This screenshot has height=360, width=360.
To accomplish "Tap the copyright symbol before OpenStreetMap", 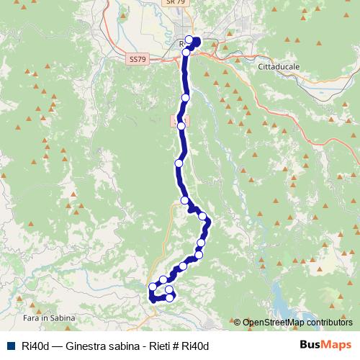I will [x=238, y=323].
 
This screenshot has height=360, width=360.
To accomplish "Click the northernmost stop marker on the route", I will [x=189, y=40].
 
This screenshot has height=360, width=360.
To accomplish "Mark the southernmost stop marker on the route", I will [x=171, y=297].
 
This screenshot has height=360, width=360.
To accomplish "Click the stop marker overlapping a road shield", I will [x=181, y=125].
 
